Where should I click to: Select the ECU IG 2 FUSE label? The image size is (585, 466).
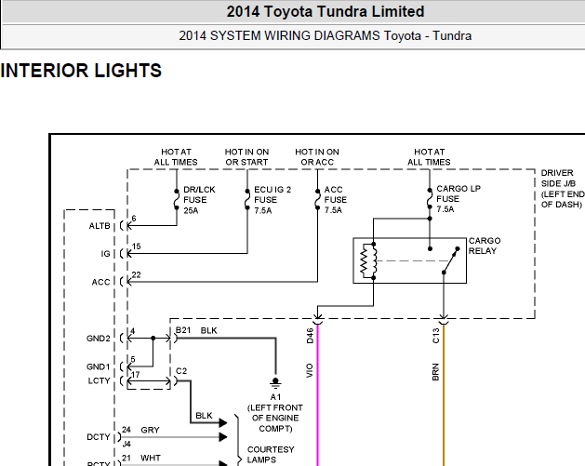(273, 199)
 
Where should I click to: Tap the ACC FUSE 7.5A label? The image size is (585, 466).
(335, 199)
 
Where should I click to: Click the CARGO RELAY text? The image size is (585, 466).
(484, 246)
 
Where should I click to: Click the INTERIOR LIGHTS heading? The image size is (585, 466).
(81, 71)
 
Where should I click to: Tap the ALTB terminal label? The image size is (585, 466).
(100, 227)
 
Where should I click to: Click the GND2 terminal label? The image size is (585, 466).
(99, 338)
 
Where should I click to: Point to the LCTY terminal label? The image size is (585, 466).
(100, 381)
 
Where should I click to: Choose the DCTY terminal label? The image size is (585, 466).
(99, 436)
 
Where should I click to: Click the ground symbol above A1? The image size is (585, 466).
(274, 381)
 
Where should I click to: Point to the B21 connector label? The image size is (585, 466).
(182, 330)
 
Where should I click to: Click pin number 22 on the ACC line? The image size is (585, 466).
(137, 274)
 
